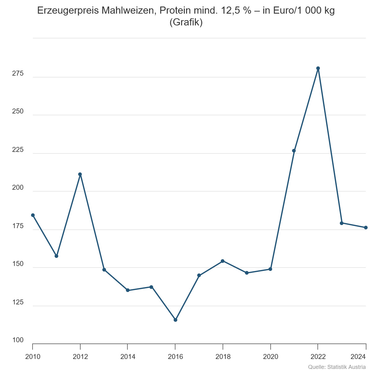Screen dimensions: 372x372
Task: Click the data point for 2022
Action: pyautogui.click(x=318, y=68)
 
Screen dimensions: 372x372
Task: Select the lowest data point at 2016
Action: pyautogui.click(x=175, y=320)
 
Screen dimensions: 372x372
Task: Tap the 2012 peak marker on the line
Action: pyautogui.click(x=80, y=174)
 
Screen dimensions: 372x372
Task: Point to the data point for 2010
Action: pyautogui.click(x=33, y=215)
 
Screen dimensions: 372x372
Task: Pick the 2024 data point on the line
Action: pyautogui.click(x=366, y=228)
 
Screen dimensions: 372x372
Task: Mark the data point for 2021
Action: pyautogui.click(x=294, y=151)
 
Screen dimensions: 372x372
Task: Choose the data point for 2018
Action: pyautogui.click(x=223, y=261)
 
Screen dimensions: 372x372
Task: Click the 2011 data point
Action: pyautogui.click(x=56, y=256)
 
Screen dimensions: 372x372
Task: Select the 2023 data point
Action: pyautogui.click(x=342, y=223)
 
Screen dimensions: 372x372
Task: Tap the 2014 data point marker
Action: pyautogui.click(x=128, y=290)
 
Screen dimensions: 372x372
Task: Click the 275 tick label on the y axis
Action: pyautogui.click(x=18, y=73)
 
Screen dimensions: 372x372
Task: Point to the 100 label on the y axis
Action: pyautogui.click(x=18, y=340)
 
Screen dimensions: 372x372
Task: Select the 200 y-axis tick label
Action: pyautogui.click(x=18, y=188)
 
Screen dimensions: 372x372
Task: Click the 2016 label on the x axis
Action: pyautogui.click(x=175, y=357)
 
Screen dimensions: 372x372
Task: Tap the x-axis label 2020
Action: pyautogui.click(x=271, y=357)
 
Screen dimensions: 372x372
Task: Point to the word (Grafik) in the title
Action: pyautogui.click(x=186, y=22)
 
